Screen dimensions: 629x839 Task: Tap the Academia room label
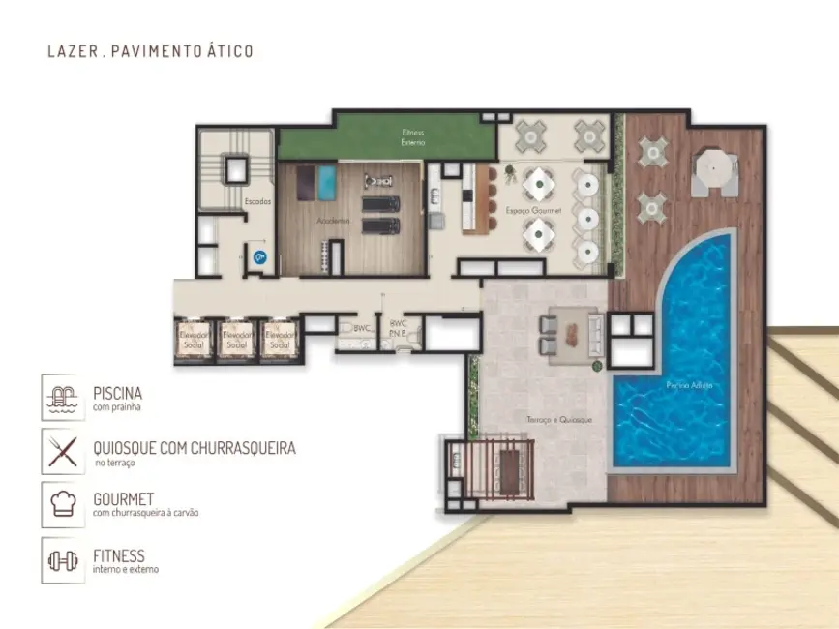(x=332, y=221)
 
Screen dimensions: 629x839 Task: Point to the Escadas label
(x=258, y=201)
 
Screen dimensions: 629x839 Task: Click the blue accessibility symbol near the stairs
(x=259, y=256)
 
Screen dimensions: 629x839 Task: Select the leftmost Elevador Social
(x=194, y=339)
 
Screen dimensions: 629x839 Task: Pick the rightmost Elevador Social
(x=280, y=339)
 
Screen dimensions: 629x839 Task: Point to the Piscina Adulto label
(x=690, y=385)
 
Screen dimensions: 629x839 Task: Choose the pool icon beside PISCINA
(x=64, y=399)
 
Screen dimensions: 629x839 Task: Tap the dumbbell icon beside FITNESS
(x=64, y=561)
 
